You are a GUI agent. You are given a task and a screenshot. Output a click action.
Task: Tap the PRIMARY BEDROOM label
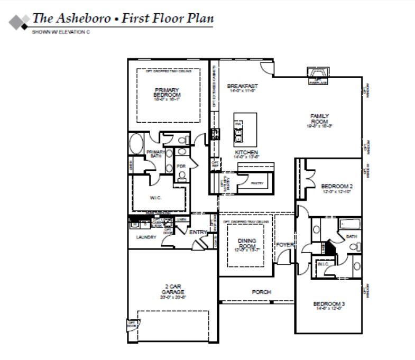click(167, 93)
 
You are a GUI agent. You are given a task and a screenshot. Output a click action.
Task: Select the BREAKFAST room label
click(242, 86)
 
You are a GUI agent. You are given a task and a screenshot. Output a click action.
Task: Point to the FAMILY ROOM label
click(319, 119)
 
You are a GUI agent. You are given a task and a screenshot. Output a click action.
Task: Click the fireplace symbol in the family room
click(318, 74)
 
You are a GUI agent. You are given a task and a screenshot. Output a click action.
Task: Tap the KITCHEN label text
click(246, 153)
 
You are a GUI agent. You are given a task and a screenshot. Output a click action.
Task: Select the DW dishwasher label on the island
click(238, 124)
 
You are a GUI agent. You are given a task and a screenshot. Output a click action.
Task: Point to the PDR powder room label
click(181, 166)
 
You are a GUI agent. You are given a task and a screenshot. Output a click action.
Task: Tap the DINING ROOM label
click(246, 244)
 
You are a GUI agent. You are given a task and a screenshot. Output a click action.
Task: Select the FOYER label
click(284, 245)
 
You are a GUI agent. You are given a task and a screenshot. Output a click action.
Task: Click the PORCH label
click(261, 292)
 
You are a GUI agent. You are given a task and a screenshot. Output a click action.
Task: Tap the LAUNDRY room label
click(146, 237)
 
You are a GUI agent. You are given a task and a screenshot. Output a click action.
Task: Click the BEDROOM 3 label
click(329, 303)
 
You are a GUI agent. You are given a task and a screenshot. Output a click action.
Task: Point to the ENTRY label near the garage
click(198, 232)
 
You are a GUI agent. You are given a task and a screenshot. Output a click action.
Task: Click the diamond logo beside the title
click(19, 22)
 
